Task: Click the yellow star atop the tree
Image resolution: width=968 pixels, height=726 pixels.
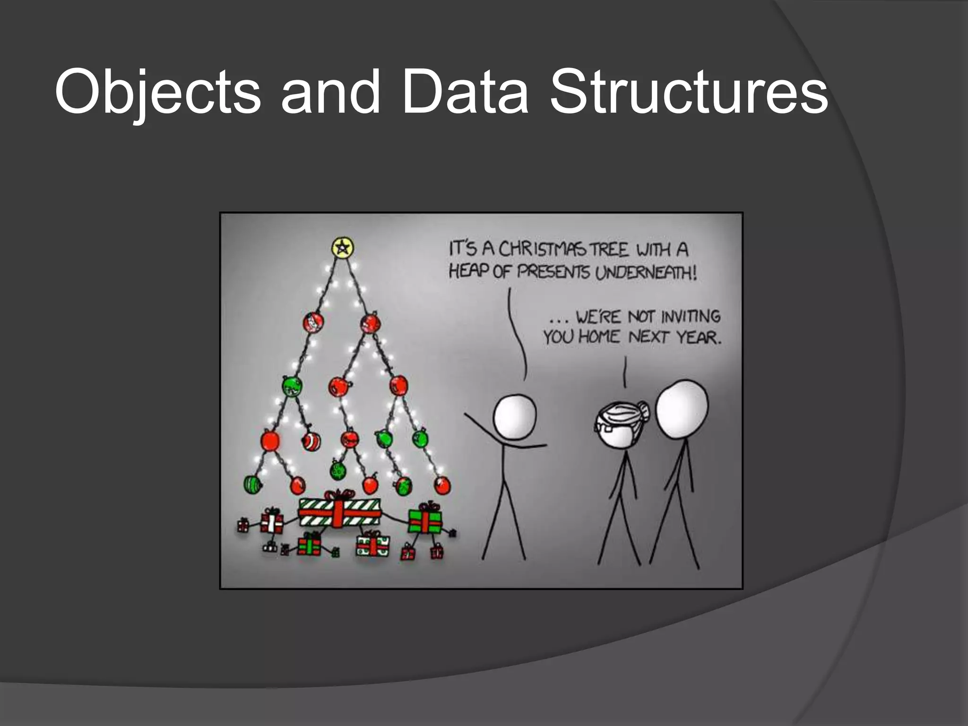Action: pyautogui.click(x=342, y=247)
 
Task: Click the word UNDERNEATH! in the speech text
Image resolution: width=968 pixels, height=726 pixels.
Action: pyautogui.click(x=646, y=273)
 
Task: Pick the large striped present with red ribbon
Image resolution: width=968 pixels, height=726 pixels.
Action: pyautogui.click(x=339, y=512)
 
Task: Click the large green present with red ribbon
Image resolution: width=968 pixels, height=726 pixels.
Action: pyautogui.click(x=424, y=519)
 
